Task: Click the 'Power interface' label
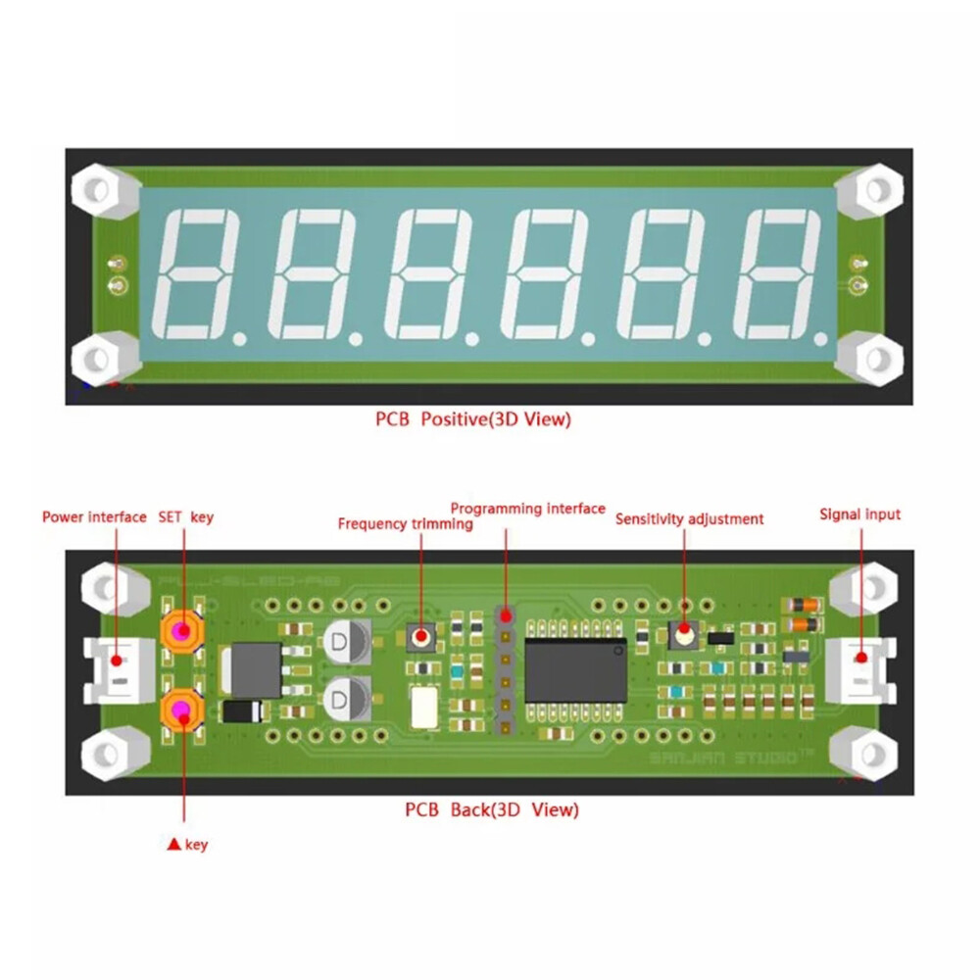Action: point(94,516)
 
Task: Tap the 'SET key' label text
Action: point(185,516)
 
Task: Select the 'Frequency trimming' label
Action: point(405,524)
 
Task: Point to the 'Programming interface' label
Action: point(527,508)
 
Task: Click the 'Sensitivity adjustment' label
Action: point(689,519)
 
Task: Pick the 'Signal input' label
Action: point(859,514)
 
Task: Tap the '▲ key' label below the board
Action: point(189,844)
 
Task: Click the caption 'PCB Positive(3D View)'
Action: point(472,419)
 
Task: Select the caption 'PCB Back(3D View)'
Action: point(492,809)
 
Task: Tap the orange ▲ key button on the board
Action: point(181,709)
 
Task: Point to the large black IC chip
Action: point(575,670)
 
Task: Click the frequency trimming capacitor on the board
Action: point(422,637)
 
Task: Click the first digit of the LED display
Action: point(199,271)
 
